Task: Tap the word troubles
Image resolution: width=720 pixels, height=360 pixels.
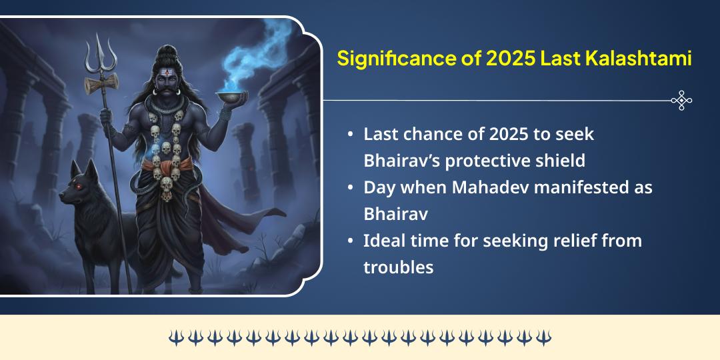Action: pyautogui.click(x=398, y=267)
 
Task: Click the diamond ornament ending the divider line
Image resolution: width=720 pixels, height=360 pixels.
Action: pyautogui.click(x=681, y=101)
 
